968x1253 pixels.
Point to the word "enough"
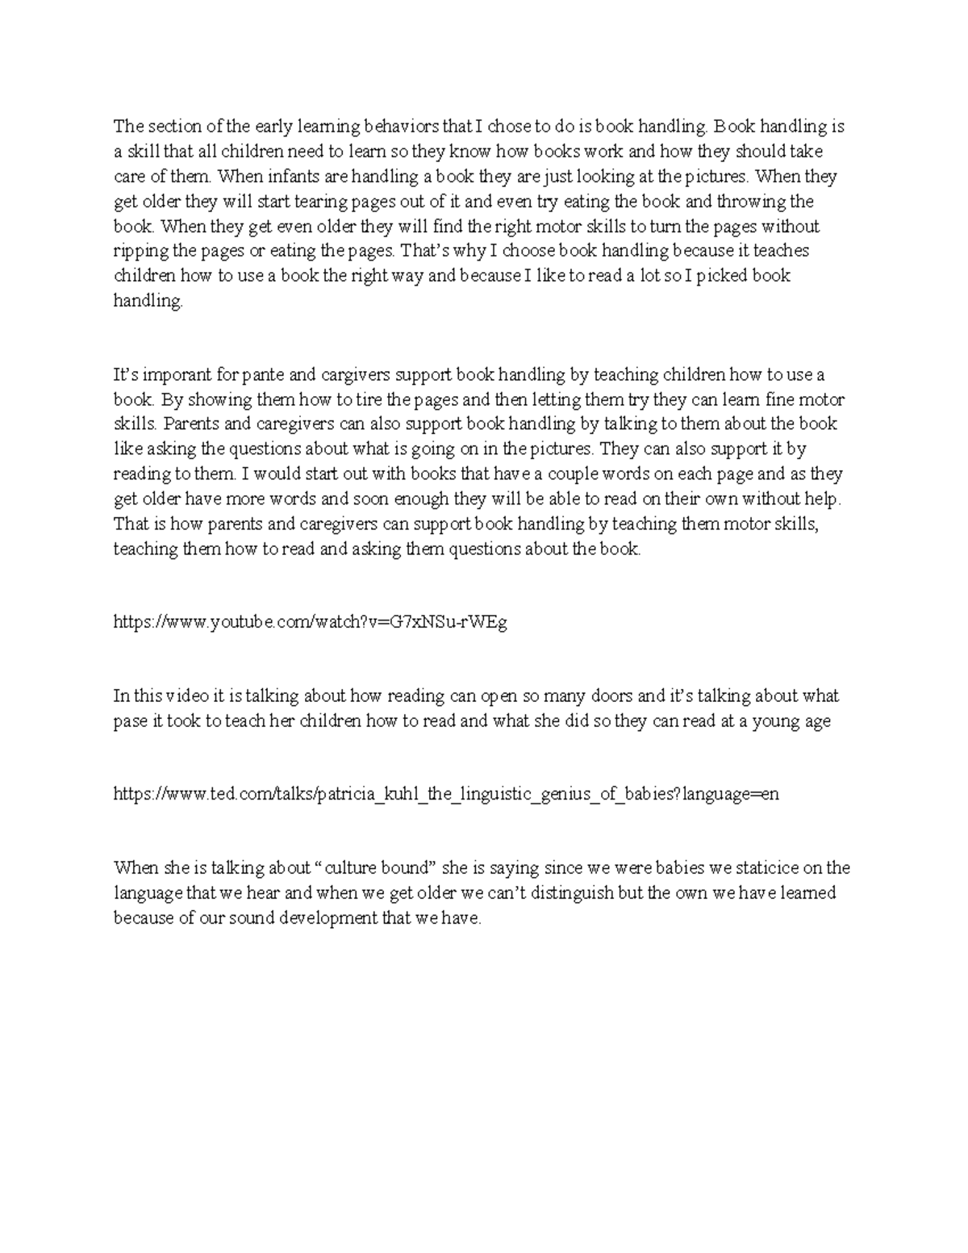(423, 499)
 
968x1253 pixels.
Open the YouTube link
(311, 623)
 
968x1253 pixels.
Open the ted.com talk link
(446, 795)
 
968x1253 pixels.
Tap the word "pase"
(130, 721)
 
